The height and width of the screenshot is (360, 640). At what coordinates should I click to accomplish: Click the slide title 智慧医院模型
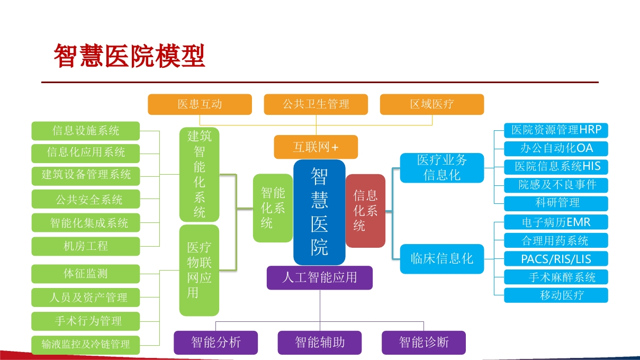129,56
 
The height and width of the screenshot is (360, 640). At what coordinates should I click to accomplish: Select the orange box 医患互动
200,104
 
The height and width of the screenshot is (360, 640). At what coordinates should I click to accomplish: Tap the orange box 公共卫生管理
316,104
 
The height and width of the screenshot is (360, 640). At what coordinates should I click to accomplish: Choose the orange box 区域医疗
432,104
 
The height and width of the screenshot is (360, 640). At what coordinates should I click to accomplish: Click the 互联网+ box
316,147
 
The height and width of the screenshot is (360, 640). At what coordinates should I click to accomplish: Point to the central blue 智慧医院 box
319,212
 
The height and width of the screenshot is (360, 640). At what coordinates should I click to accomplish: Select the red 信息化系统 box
365,211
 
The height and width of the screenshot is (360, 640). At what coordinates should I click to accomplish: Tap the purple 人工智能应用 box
320,278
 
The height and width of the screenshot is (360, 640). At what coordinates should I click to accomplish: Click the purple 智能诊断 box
423,343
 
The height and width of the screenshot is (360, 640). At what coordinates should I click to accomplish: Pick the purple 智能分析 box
215,343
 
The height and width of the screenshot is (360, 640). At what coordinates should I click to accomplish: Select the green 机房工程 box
86,246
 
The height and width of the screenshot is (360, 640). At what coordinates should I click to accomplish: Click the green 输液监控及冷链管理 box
86,345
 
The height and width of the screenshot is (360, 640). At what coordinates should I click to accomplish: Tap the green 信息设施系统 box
86,131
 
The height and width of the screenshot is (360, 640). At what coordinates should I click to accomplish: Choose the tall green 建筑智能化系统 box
200,174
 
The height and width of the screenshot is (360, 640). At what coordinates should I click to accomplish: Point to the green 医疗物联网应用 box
200,271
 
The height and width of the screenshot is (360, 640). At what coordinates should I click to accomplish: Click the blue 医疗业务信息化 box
442,168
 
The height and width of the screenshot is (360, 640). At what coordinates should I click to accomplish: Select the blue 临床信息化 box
442,259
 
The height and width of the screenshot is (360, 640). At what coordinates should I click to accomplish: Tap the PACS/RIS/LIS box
556,259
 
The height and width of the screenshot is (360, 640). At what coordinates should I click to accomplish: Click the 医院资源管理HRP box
556,130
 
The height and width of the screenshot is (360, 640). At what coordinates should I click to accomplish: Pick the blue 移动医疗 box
556,295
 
